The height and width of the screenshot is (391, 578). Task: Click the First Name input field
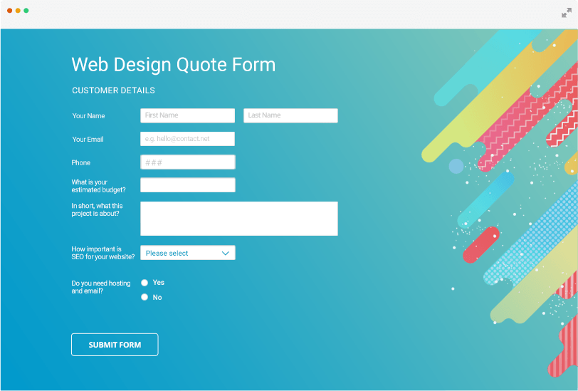tap(187, 115)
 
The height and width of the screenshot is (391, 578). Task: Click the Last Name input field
tap(290, 115)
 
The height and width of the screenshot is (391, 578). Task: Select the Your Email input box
tap(187, 139)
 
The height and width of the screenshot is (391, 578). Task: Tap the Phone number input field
tap(187, 162)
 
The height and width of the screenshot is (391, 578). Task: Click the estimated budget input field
tap(187, 185)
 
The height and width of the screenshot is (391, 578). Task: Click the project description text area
tap(238, 219)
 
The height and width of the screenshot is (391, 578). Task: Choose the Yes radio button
tap(144, 283)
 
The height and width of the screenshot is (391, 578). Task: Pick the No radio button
tap(144, 297)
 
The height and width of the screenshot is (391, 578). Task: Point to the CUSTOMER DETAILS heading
tap(113, 90)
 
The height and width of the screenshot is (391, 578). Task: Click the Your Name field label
tap(88, 115)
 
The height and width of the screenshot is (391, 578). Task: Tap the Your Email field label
tap(88, 139)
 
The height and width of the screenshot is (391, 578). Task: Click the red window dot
tap(10, 11)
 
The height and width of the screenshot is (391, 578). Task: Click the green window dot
tap(26, 11)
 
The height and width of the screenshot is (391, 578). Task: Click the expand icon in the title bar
tap(566, 13)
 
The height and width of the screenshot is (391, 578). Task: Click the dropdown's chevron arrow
tap(226, 253)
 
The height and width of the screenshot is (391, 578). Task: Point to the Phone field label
tap(80, 162)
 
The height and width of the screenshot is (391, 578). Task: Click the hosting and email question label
tap(100, 287)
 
